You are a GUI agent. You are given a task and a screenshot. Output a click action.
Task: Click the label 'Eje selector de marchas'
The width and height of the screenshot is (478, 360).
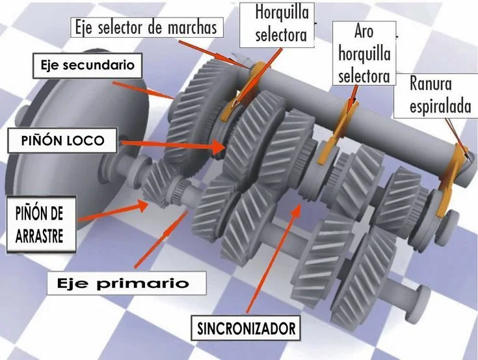pyautogui.click(x=146, y=27)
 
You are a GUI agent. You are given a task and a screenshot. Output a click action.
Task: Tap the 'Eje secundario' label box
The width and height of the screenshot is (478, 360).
pyautogui.click(x=88, y=66)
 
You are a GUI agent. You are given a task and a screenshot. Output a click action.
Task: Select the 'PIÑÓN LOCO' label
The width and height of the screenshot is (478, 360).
pyautogui.click(x=62, y=140)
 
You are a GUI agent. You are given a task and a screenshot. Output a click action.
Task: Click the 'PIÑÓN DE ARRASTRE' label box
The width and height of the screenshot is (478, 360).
pyautogui.click(x=41, y=224)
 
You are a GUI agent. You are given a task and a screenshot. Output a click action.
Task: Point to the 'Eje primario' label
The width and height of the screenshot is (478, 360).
pyautogui.click(x=127, y=283)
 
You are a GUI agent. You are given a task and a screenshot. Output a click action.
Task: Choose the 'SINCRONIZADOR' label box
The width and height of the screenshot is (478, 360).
pyautogui.click(x=246, y=328)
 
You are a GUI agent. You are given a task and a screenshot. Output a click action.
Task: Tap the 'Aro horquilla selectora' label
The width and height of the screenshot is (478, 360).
pyautogui.click(x=364, y=53)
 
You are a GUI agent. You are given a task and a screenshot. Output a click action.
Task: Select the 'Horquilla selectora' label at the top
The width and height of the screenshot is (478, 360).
pyautogui.click(x=277, y=25)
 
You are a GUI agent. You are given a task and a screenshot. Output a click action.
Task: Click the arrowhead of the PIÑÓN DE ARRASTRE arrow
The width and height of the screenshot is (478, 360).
pyautogui.click(x=142, y=205)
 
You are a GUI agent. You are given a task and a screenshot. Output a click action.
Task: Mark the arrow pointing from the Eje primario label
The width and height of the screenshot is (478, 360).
pyautogui.click(x=161, y=239)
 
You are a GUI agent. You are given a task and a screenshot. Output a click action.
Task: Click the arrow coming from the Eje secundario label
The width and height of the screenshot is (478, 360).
pyautogui.click(x=143, y=90)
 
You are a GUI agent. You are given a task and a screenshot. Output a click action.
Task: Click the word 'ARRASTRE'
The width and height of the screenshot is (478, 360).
pyautogui.click(x=39, y=236)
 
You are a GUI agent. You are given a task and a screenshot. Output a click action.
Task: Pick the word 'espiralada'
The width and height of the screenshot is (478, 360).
pyautogui.click(x=440, y=107)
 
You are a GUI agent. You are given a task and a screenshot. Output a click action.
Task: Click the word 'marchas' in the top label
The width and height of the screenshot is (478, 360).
pyautogui.click(x=193, y=28)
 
